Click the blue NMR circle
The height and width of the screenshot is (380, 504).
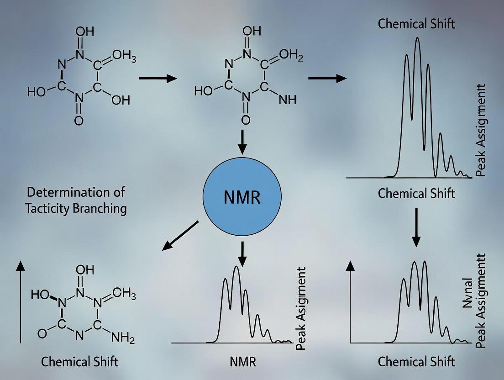[x=242, y=197]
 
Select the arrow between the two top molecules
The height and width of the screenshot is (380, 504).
[x=157, y=79]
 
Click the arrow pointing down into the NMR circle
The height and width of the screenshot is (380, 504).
[x=242, y=143]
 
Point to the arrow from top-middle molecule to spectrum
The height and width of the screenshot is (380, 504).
[x=327, y=79]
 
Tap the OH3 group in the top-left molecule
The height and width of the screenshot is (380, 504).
[x=124, y=56]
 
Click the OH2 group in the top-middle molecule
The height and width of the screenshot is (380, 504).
[x=291, y=56]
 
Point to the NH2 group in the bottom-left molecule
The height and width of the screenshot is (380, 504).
[x=123, y=338]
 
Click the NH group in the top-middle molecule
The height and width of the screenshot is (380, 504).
[x=287, y=100]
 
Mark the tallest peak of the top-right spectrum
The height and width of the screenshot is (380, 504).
[x=417, y=38]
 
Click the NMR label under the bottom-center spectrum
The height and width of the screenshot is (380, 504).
[x=242, y=362]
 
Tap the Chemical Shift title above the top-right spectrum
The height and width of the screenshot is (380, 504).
[x=416, y=24]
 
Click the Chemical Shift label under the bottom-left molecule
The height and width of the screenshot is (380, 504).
[x=79, y=362]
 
